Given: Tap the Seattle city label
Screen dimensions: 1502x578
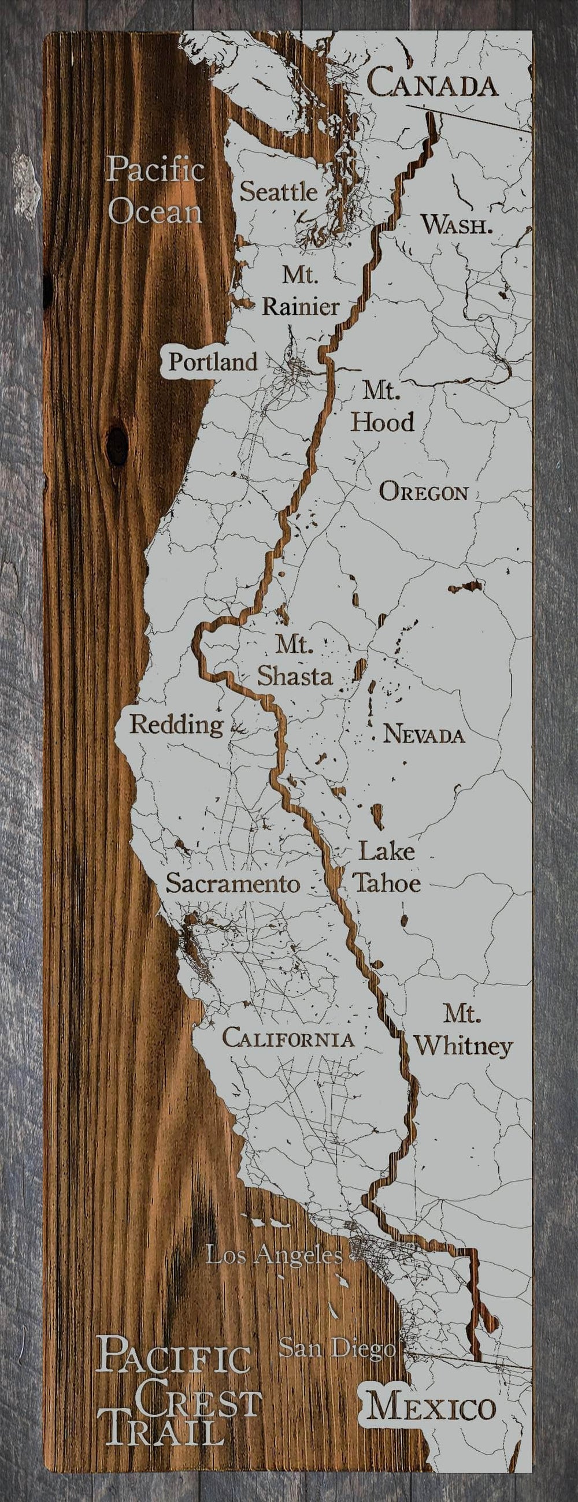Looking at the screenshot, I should point(279,191).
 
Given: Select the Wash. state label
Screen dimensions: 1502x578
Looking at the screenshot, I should point(457,225).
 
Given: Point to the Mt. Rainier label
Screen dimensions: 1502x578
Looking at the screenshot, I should point(301,291).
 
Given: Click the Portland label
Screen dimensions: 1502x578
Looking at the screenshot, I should point(212,362).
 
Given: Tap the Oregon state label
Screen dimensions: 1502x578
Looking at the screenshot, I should point(424,493).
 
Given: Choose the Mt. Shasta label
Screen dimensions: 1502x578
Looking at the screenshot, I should point(295,661).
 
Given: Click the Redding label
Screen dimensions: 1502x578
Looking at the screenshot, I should point(176,725).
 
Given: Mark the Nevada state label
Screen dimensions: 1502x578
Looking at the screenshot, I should point(424,735).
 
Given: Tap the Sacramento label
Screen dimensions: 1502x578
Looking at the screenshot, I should point(233,883).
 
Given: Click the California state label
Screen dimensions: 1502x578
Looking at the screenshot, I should point(288,1039).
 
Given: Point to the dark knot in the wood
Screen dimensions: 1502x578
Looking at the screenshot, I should point(118,446).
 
